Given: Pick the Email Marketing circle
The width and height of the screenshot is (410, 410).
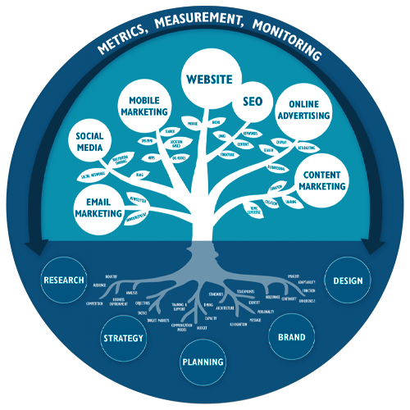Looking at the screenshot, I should click(98, 203).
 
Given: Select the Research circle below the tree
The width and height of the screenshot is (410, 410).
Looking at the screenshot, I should click(64, 280).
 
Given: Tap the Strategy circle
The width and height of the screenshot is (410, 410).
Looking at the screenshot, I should click(123, 337).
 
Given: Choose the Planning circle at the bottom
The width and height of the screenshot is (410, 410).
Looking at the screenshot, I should click(199, 362).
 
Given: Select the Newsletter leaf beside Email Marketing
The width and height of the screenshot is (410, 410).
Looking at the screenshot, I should click(139, 198).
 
